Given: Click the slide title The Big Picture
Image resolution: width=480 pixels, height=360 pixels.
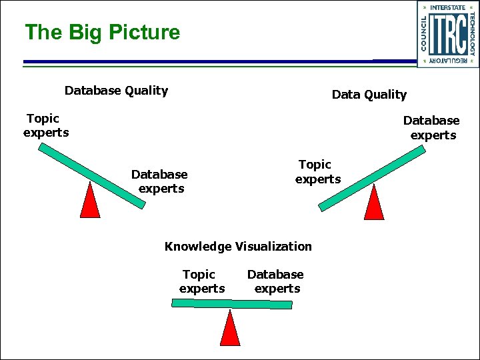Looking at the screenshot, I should coord(102,33).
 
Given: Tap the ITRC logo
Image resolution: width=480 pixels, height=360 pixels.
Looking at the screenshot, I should coord(447,34).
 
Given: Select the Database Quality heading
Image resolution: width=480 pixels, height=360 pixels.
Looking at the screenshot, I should coord(116,91).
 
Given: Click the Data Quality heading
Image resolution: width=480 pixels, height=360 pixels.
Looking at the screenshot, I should coord(369,95).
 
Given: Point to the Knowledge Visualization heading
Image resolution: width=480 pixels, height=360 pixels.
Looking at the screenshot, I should coord(238,247).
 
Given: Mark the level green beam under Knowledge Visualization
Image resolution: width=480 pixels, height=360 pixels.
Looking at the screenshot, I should coord(231,303).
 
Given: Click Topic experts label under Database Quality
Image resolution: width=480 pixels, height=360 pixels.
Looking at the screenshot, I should coord(45,125).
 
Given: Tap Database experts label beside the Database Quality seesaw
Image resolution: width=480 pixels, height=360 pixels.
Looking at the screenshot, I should coord(160,181).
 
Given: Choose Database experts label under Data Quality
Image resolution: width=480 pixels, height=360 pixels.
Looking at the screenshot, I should coord(432,127).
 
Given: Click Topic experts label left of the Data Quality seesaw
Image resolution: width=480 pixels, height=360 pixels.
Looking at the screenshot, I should coord(317,172).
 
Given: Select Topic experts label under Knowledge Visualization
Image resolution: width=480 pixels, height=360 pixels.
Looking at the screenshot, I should coord(201,281).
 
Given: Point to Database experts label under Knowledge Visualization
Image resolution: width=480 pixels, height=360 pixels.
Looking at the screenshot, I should coord(276,281).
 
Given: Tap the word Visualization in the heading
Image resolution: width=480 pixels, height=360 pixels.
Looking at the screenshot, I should coord(273,247).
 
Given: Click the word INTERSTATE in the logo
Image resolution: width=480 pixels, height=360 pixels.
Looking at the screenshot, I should coord(448,7).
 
